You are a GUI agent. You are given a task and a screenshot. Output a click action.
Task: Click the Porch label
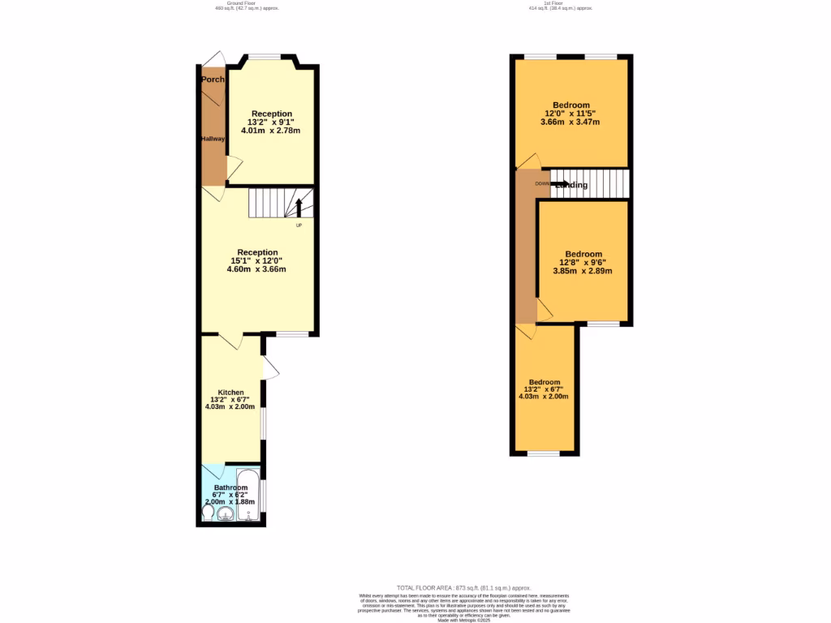(213, 79)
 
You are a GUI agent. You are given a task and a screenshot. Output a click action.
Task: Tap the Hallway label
(213, 139)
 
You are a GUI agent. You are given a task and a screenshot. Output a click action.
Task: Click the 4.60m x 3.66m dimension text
(258, 269)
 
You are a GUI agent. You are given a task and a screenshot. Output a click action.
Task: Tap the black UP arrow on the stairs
(299, 207)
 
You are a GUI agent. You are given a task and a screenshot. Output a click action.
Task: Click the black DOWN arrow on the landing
(560, 184)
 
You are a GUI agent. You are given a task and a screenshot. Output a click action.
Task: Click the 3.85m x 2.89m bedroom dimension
(582, 270)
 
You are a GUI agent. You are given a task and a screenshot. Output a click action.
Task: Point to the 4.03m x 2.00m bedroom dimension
(545, 397)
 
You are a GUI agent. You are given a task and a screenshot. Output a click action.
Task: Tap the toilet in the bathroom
(208, 513)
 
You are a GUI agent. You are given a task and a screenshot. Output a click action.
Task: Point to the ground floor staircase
(276, 203)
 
